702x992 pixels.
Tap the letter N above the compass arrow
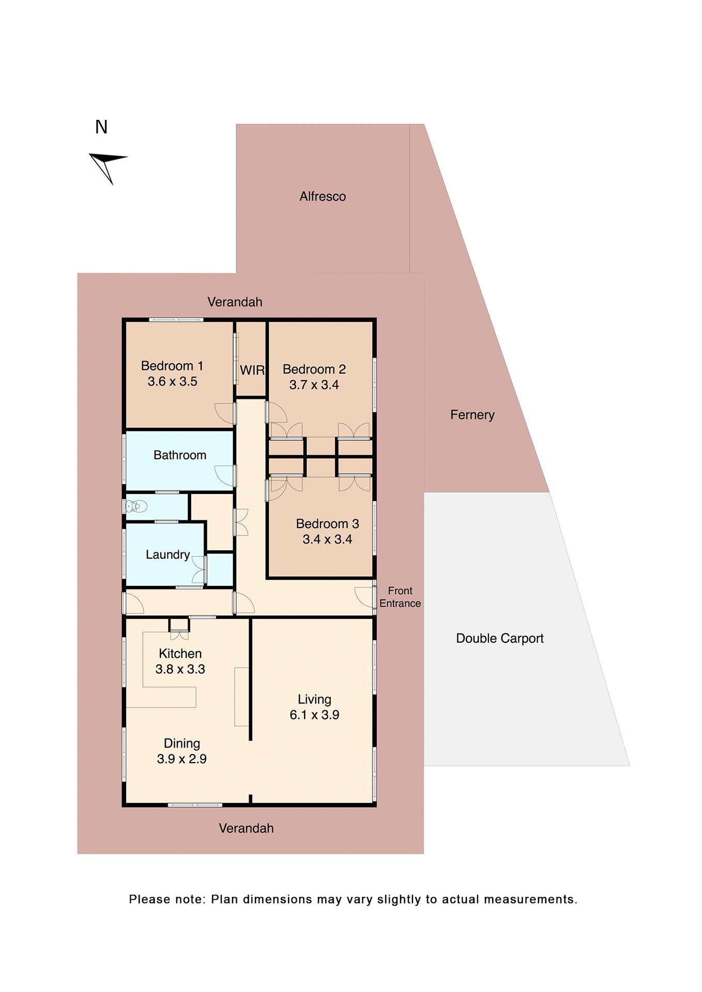pos(101,127)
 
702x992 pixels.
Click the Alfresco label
pos(323,196)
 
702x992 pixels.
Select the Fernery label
pos(472,415)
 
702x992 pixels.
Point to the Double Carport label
pos(499,639)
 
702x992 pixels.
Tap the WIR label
pos(252,370)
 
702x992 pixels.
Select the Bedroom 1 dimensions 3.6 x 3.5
pos(172,382)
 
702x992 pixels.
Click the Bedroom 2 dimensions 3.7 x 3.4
pos(314,385)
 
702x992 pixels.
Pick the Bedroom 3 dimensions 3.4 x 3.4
pos(327,539)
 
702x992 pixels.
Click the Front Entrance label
pos(400,597)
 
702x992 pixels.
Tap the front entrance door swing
pos(364,597)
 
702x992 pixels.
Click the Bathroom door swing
pos(224,475)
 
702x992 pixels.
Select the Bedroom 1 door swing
pos(224,413)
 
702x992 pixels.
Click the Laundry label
pos(167,555)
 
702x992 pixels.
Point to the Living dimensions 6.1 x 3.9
pos(314,715)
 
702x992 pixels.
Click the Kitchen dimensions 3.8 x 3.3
pos(180,670)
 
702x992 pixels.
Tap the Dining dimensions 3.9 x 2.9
pos(181,760)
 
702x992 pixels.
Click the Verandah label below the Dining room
pos(246,829)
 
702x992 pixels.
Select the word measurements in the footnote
pos(530,900)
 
